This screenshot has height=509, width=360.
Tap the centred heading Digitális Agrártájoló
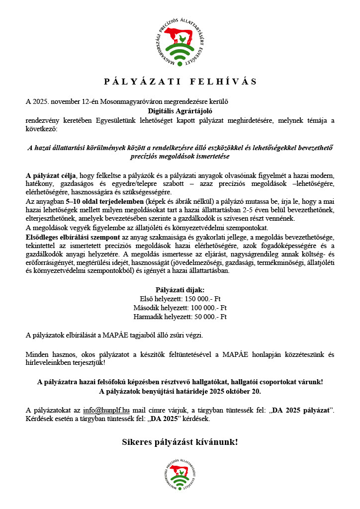(180, 111)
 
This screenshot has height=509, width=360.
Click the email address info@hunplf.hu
(106, 410)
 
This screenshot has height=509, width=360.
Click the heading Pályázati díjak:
(180, 289)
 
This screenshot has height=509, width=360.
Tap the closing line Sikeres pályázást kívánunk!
(180, 441)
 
